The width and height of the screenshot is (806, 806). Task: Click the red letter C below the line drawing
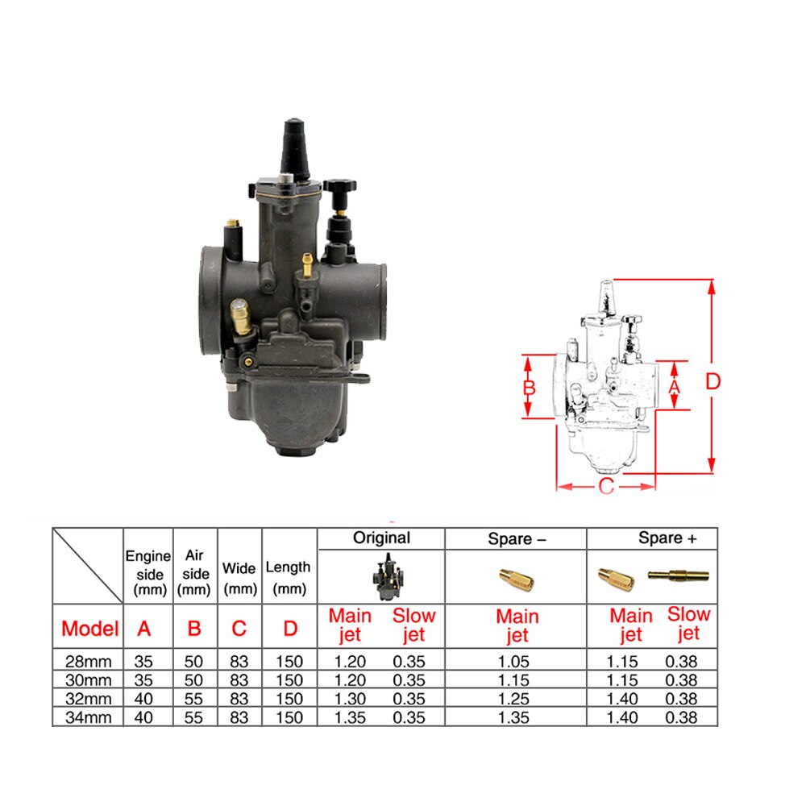coord(606,486)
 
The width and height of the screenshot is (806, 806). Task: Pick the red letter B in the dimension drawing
coord(529,388)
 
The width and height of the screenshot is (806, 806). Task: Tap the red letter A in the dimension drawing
coord(675,387)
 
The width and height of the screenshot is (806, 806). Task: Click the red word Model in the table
coord(89,628)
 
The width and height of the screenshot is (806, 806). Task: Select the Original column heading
coord(381,538)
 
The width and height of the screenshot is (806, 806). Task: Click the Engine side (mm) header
coord(147,572)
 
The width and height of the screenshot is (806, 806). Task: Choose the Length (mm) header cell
coord(289,577)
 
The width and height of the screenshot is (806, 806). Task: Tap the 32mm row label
coord(89,699)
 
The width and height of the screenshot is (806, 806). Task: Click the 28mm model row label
coord(89,661)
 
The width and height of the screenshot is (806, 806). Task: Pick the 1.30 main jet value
coord(350,699)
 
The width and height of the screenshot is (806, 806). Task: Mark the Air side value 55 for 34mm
coord(194,717)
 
